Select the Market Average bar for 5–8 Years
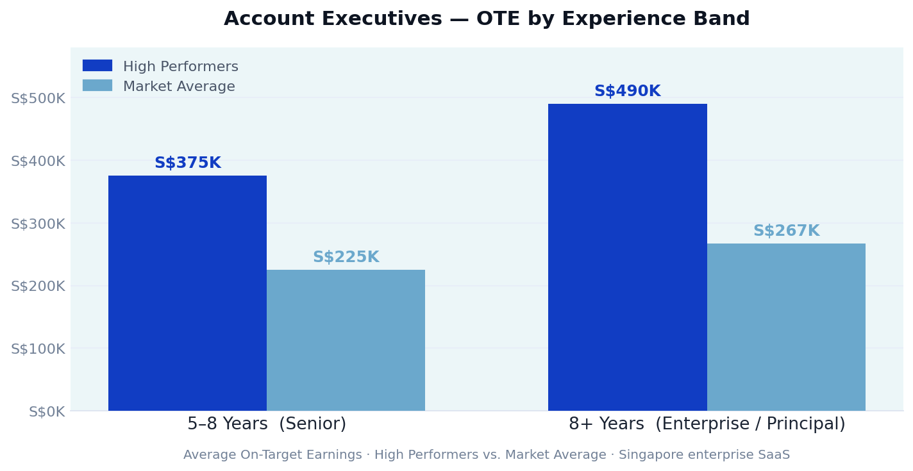(x=346, y=340)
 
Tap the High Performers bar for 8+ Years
(x=627, y=257)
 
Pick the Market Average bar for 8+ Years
(x=786, y=327)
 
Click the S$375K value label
(x=187, y=163)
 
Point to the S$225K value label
(x=346, y=258)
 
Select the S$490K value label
(x=627, y=92)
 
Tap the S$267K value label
(x=786, y=231)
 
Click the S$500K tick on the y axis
(x=38, y=99)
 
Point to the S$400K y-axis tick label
(x=38, y=161)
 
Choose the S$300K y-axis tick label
(x=38, y=224)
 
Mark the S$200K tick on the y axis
(x=38, y=286)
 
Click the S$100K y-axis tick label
(x=38, y=349)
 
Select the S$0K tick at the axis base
(x=47, y=412)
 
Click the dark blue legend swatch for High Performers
(x=97, y=66)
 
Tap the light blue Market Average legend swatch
(x=97, y=86)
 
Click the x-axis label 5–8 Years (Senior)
(x=266, y=424)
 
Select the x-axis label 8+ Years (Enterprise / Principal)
(x=707, y=424)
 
